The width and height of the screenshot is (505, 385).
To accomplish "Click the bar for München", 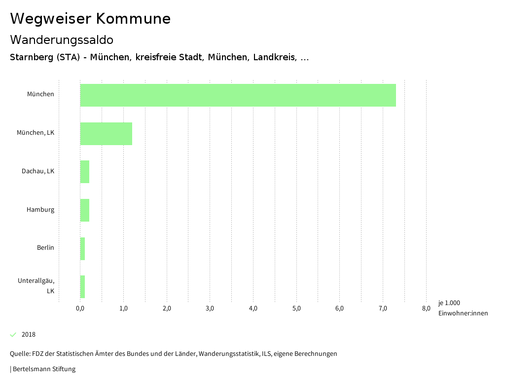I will tap(238, 95).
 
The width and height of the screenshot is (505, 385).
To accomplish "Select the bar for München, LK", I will tap(106, 134).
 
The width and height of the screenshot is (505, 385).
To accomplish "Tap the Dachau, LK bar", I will tap(85, 172).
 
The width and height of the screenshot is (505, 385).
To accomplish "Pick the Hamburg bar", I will tap(85, 210).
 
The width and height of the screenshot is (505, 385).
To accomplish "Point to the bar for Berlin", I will tap(83, 249).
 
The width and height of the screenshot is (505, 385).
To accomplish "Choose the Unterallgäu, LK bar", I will tap(83, 287).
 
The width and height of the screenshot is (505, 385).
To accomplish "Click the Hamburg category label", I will tap(40, 210).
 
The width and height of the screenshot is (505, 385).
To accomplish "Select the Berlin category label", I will tap(45, 248).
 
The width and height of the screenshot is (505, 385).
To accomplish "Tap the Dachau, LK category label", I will tap(38, 171).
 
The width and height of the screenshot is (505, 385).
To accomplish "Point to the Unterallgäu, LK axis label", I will tap(36, 286).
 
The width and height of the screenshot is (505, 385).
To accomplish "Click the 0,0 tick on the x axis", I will tap(80, 309).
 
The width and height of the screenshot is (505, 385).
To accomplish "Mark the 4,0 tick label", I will tap(253, 309).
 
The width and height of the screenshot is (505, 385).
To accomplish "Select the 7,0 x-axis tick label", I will tap(383, 309).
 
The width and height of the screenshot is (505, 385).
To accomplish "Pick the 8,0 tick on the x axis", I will tap(426, 309).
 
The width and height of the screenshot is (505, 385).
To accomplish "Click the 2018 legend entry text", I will tap(29, 335).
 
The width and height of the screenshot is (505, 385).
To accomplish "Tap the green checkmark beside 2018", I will tap(13, 335).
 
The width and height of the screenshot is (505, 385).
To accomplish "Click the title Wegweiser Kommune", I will tap(90, 19).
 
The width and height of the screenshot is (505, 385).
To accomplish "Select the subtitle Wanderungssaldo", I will tap(62, 40).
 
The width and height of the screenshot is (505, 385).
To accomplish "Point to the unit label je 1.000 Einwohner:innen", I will tap(463, 308).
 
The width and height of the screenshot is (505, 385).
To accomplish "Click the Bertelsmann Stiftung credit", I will tap(43, 369).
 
